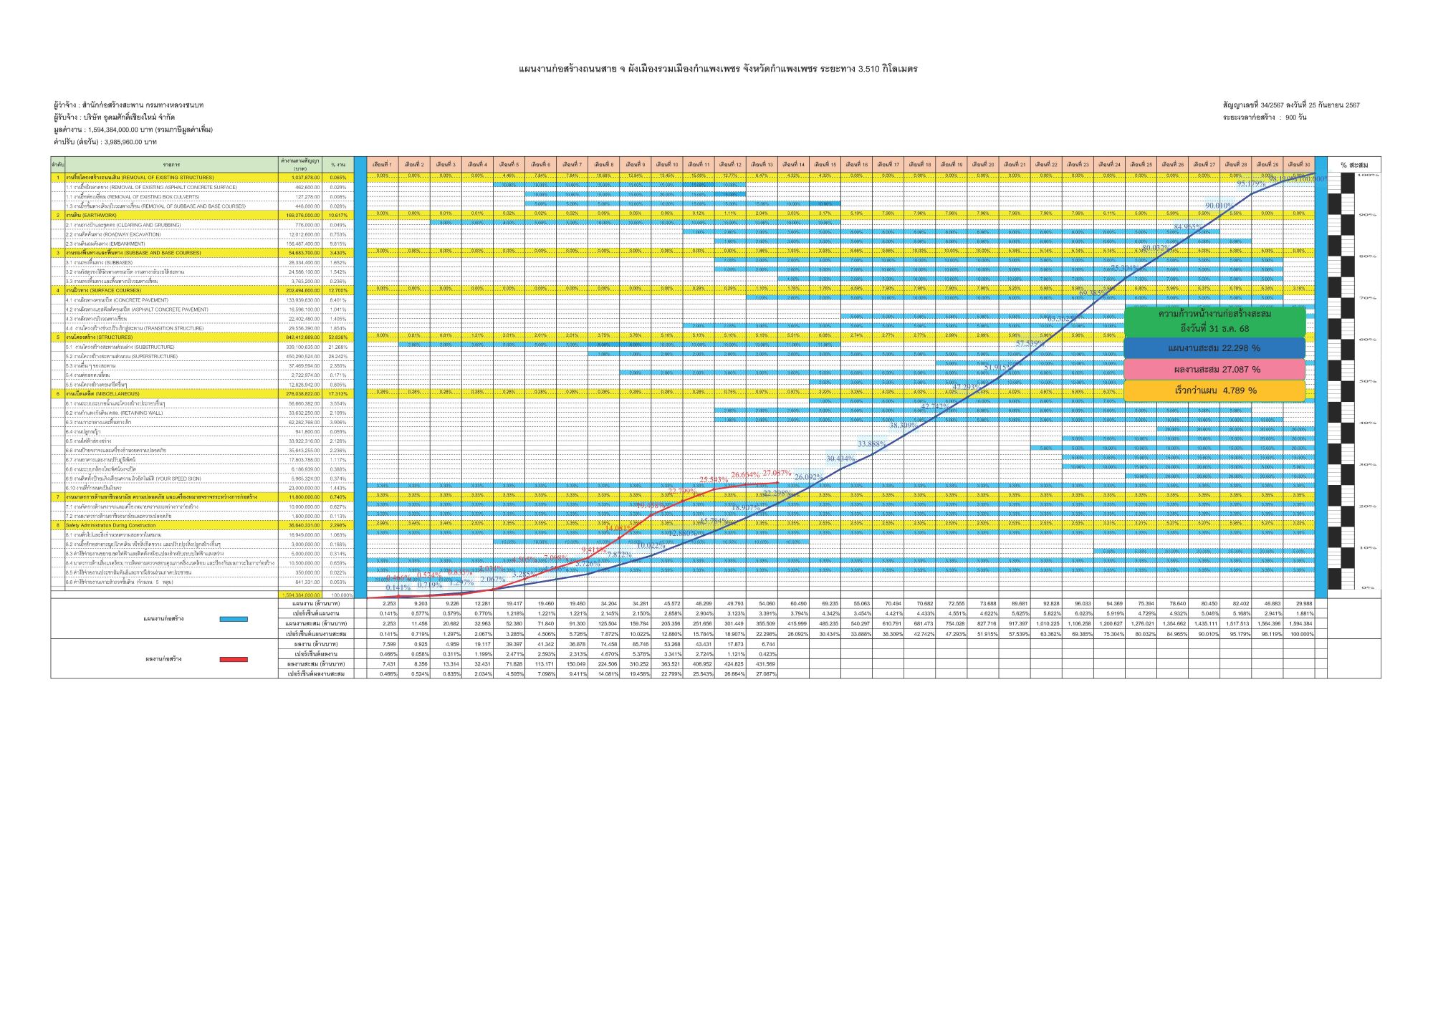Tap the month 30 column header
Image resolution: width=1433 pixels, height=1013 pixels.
coord(1298,164)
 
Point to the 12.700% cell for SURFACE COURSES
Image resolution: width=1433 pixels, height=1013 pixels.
coord(337,291)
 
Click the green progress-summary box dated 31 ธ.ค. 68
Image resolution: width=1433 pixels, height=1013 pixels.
coord(1214,321)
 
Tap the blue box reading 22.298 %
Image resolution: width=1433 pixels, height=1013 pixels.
coord(1214,348)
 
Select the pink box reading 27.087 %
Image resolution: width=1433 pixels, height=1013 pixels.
coord(1214,370)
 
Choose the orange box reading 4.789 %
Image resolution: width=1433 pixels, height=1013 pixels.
coord(1214,391)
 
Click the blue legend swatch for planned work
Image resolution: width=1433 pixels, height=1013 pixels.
coord(234,619)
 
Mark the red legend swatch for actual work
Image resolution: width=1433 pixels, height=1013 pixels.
coord(234,659)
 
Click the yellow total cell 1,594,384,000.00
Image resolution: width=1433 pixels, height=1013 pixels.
coord(301,595)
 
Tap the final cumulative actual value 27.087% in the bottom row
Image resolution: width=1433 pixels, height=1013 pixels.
coord(765,674)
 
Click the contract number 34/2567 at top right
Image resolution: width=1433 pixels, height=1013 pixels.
coord(1272,105)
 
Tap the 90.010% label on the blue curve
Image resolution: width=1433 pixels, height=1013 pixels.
coord(1218,206)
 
